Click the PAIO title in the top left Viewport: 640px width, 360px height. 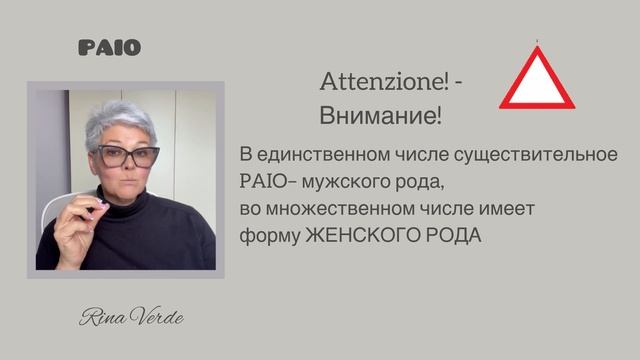click(109, 47)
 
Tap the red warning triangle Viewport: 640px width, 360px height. click(538, 79)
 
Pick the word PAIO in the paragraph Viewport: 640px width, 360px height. click(263, 184)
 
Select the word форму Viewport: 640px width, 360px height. click(264, 235)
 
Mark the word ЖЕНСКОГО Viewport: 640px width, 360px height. click(355, 235)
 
